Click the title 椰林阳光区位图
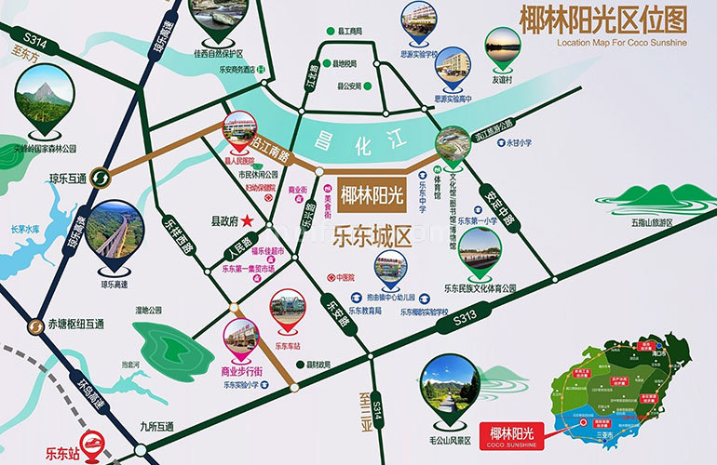(x=610, y=21)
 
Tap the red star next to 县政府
(x=248, y=221)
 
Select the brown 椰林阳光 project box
(x=372, y=195)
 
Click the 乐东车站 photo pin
(x=287, y=313)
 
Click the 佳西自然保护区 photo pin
(x=212, y=20)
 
